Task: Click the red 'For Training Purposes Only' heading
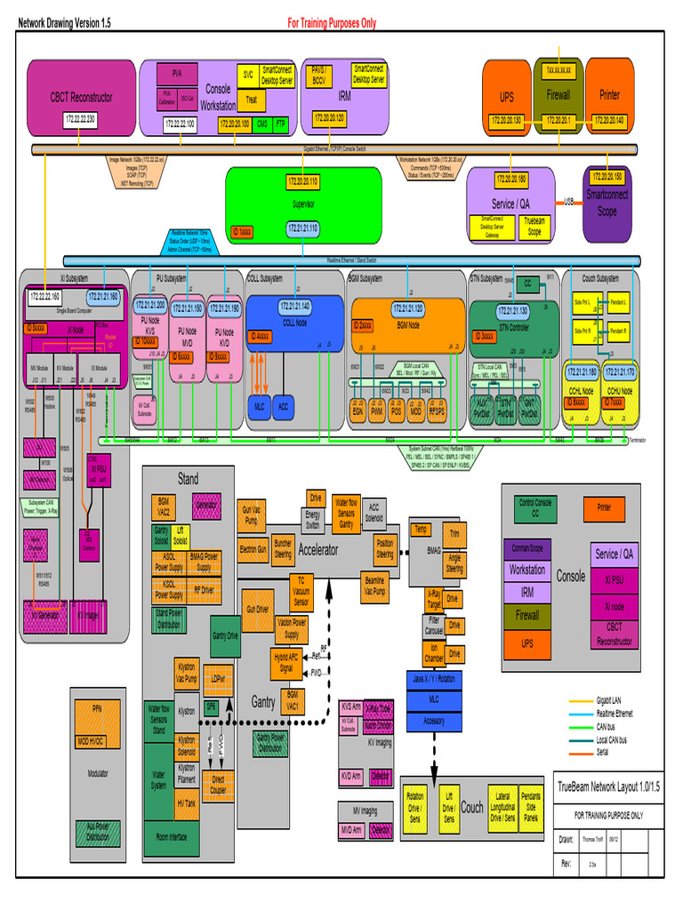click(331, 24)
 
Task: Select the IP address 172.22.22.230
click(79, 119)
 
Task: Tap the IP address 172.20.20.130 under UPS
click(507, 120)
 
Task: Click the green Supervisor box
click(303, 204)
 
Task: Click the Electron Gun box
click(253, 550)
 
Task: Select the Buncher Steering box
click(283, 548)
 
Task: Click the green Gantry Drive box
click(225, 636)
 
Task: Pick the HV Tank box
click(187, 803)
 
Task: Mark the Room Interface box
click(171, 837)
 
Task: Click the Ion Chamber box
click(434, 653)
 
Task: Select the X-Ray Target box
click(434, 598)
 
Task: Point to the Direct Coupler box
click(218, 785)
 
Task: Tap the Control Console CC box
click(535, 508)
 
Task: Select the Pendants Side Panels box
click(530, 806)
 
